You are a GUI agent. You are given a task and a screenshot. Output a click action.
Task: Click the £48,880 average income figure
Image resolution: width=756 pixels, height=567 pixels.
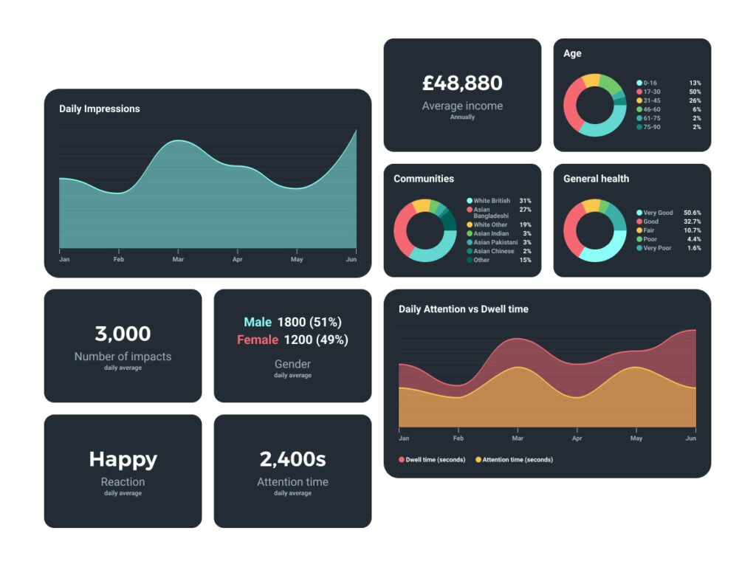[462, 83]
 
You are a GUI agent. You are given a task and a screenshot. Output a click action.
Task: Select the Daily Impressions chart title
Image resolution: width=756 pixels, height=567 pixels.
[99, 109]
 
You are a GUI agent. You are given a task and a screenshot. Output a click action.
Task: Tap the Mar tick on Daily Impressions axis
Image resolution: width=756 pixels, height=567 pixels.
[178, 260]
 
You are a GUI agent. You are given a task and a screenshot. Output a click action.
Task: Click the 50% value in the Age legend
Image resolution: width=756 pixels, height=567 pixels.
[695, 92]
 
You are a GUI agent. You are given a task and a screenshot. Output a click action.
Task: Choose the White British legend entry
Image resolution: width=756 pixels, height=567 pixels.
[491, 201]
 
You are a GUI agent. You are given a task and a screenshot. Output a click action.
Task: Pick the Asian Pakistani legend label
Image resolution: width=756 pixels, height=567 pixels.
[495, 242]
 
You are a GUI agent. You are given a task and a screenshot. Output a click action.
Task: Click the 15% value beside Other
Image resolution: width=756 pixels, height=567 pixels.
[525, 260]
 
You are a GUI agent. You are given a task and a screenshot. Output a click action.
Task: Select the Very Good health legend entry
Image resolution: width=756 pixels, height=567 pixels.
[657, 213]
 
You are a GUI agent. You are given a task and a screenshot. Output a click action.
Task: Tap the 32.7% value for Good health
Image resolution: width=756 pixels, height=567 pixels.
[692, 221]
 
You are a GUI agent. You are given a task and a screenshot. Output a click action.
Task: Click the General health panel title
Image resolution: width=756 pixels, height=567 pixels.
[596, 179]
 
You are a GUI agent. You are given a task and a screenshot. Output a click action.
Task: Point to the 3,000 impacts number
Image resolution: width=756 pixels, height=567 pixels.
[123, 334]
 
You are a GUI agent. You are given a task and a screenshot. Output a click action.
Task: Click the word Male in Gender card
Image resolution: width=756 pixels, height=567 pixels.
[258, 322]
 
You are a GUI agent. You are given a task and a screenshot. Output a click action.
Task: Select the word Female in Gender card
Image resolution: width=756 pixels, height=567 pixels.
[258, 340]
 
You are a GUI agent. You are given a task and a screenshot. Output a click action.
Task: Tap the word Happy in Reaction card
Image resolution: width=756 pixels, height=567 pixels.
[123, 459]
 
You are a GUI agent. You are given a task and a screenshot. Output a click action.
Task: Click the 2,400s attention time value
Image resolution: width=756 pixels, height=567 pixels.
[292, 459]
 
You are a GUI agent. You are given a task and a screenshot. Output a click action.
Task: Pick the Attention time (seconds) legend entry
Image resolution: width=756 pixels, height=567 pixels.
[517, 460]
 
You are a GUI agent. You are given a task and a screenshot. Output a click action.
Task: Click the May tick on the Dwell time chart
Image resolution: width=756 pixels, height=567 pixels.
[636, 439]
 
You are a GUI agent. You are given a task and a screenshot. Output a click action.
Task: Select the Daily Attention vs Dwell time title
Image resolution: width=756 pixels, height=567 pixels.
[463, 309]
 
